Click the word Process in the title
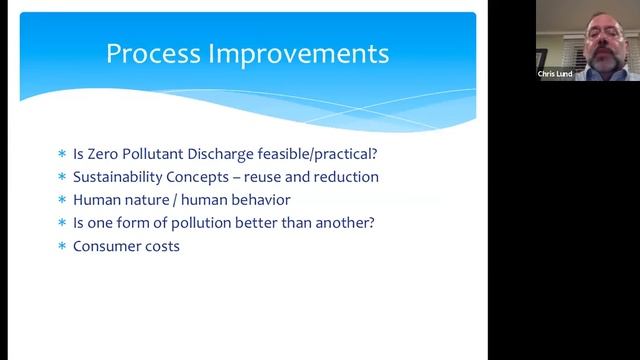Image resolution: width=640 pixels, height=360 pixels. [153, 54]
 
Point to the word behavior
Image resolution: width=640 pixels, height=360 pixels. [257, 200]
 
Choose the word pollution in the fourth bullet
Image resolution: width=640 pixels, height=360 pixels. [202, 222]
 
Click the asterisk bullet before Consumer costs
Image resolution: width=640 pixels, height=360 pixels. [62, 246]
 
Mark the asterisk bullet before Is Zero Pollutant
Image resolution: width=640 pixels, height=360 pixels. [62, 155]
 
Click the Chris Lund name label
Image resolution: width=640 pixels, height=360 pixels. [555, 74]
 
